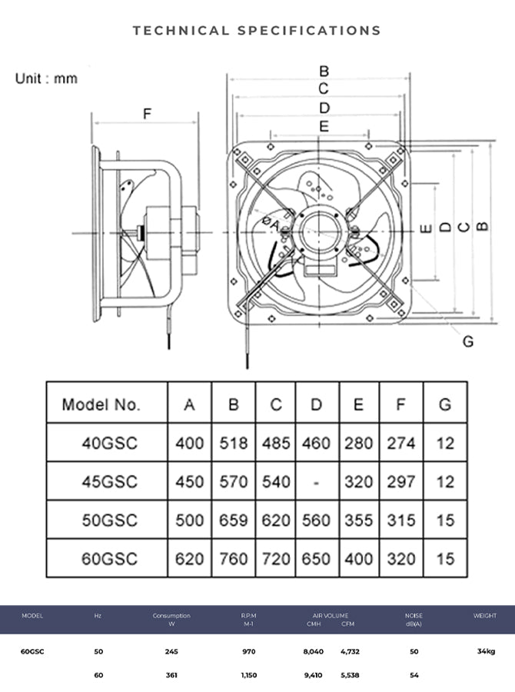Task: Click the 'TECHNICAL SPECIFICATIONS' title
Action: (x=257, y=31)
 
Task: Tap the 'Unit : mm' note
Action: (x=46, y=78)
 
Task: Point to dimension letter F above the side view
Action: (x=147, y=115)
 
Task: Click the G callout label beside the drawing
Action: (x=467, y=341)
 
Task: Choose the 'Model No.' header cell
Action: (x=101, y=404)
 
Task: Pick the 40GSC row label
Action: (x=109, y=443)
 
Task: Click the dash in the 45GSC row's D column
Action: (x=316, y=482)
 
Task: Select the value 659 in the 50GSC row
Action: (x=234, y=521)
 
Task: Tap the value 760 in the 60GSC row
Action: (x=234, y=559)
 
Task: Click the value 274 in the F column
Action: (x=400, y=443)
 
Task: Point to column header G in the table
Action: (x=445, y=404)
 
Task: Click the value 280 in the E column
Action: (x=357, y=443)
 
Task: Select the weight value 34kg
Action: (x=485, y=651)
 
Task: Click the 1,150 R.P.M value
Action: (x=248, y=676)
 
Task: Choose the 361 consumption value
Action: (x=171, y=676)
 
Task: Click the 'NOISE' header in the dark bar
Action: (x=414, y=616)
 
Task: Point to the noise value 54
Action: (x=414, y=676)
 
